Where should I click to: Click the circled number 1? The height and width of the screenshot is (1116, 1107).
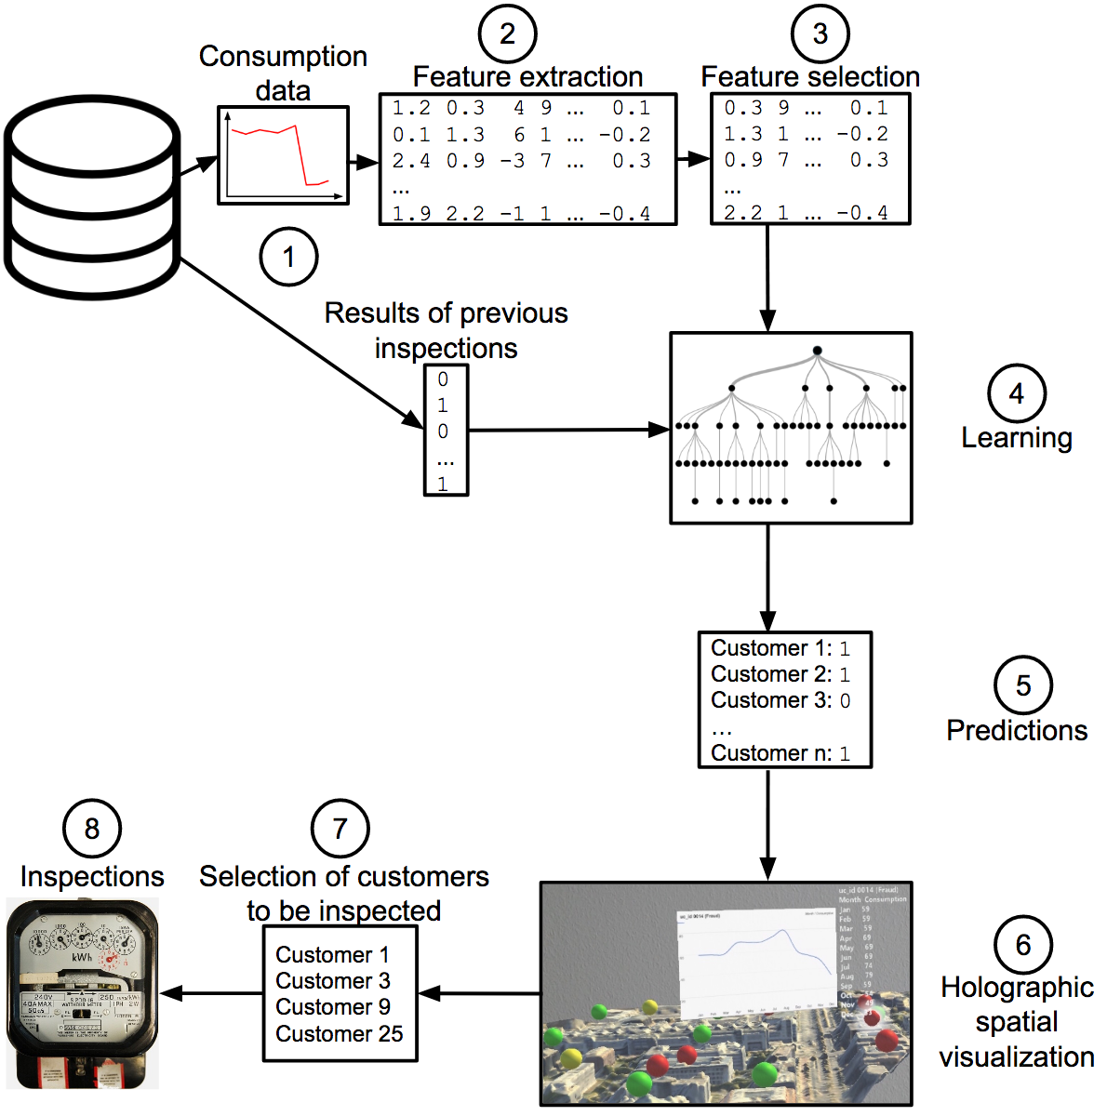pos(288,257)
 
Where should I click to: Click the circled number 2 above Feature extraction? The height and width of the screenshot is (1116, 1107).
pos(507,34)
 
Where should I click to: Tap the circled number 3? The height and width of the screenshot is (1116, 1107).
pos(820,34)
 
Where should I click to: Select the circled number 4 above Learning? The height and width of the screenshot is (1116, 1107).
pos(1016,393)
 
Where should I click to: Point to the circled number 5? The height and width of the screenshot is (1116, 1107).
pos(1022,686)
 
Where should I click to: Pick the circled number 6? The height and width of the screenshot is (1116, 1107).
pos(1022,945)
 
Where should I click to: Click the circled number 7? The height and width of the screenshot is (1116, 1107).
pos(340,829)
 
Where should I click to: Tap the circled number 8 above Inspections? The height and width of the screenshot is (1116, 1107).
pos(91,829)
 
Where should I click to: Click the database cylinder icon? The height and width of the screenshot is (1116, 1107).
pos(91,200)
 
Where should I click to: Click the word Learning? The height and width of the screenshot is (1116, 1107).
pos(1016,438)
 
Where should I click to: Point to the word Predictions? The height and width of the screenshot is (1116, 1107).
pos(1017,731)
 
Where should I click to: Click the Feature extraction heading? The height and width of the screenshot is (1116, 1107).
pos(527,76)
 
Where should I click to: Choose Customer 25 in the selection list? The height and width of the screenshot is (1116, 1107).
pos(340,1033)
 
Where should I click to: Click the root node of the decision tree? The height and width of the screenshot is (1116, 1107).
pos(817,351)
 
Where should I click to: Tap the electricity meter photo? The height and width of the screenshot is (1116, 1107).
pos(82,993)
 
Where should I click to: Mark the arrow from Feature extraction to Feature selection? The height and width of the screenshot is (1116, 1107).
pos(693,159)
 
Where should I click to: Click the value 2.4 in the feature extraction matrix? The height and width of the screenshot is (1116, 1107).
pos(410,161)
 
